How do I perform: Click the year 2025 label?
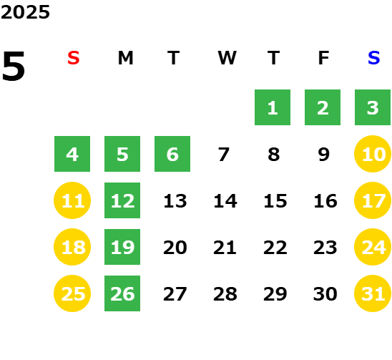pyautogui.click(x=25, y=12)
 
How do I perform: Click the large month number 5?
pyautogui.click(x=14, y=66)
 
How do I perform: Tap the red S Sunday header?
pyautogui.click(x=74, y=58)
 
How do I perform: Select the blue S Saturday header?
pyautogui.click(x=373, y=58)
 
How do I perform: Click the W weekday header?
pyautogui.click(x=227, y=58)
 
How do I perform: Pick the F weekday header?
pyautogui.click(x=323, y=58)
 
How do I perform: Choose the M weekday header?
pyautogui.click(x=125, y=58)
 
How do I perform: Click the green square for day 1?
pyautogui.click(x=273, y=107)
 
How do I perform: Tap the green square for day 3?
pyautogui.click(x=373, y=107)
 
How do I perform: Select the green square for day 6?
pyautogui.click(x=172, y=154)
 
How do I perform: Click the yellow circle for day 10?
pyautogui.click(x=373, y=154)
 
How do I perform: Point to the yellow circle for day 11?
pyautogui.click(x=72, y=200)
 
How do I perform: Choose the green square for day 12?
pyautogui.click(x=122, y=200)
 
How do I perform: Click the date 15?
pyautogui.click(x=275, y=201)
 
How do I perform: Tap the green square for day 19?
pyautogui.click(x=122, y=247)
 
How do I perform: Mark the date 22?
pyautogui.click(x=275, y=248)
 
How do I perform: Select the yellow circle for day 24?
pyautogui.click(x=373, y=247)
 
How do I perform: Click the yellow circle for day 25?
pyautogui.click(x=72, y=293)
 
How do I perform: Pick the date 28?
pyautogui.click(x=225, y=294)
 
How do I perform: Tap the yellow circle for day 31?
pyautogui.click(x=373, y=293)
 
